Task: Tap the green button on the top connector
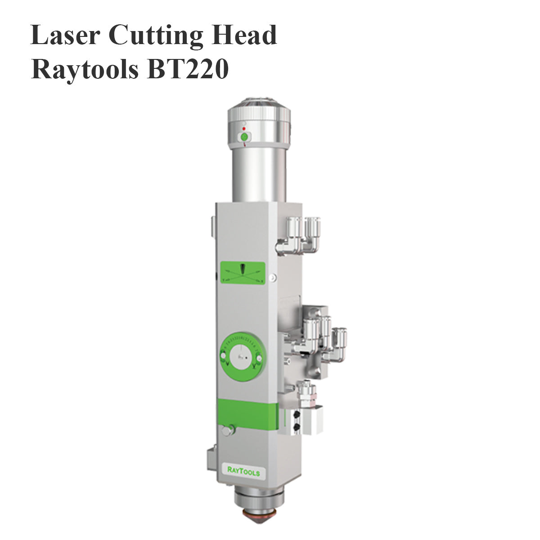244,136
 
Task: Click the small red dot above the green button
244,128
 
